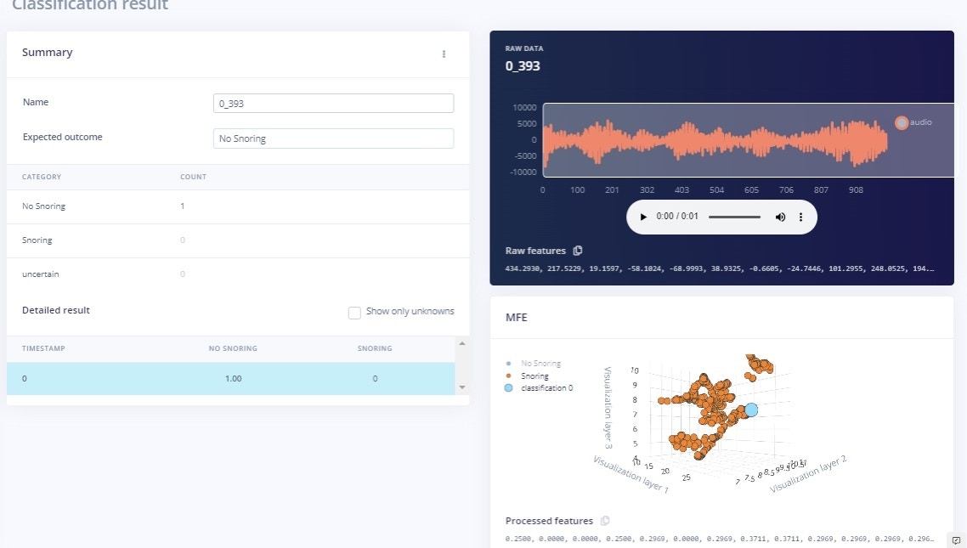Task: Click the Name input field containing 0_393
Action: [x=333, y=103]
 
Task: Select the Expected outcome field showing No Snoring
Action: [x=333, y=138]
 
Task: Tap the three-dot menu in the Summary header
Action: [x=444, y=54]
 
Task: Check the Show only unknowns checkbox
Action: [x=355, y=313]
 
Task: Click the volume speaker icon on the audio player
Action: [x=780, y=218]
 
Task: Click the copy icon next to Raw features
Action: [x=579, y=251]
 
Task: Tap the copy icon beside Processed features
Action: [x=605, y=521]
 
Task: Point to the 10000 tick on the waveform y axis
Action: [x=524, y=108]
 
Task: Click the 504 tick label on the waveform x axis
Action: [x=716, y=190]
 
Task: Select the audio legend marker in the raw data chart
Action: [x=902, y=122]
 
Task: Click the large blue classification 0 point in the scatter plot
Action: [x=751, y=410]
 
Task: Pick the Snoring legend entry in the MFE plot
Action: [x=534, y=376]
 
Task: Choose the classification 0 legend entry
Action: [x=546, y=387]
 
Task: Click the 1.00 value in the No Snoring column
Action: [x=234, y=378]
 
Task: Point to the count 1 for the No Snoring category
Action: [x=183, y=206]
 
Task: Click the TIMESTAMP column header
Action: [x=43, y=348]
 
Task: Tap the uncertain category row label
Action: [x=41, y=274]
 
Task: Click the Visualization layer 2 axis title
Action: [x=808, y=475]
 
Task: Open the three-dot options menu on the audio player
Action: [x=800, y=218]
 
